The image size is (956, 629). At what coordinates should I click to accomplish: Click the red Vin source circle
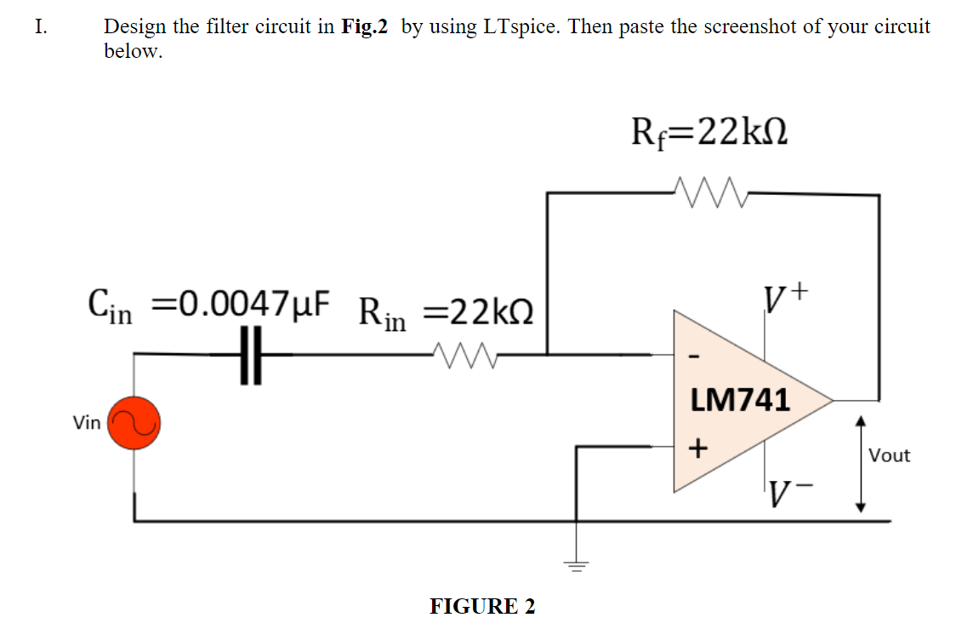pyautogui.click(x=133, y=422)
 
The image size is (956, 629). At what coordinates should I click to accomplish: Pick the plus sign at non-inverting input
pyautogui.click(x=697, y=447)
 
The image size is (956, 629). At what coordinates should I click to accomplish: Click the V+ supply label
pyautogui.click(x=787, y=299)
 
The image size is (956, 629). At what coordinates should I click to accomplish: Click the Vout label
pyautogui.click(x=889, y=455)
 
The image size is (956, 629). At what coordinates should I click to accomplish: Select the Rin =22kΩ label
pyautogui.click(x=447, y=311)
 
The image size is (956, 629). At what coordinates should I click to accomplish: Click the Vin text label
pyautogui.click(x=86, y=423)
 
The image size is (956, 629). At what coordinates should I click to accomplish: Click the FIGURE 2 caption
pyautogui.click(x=482, y=606)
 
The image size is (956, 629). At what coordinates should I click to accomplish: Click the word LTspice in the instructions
pyautogui.click(x=521, y=26)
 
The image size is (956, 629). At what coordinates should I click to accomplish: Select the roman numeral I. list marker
pyautogui.click(x=40, y=26)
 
